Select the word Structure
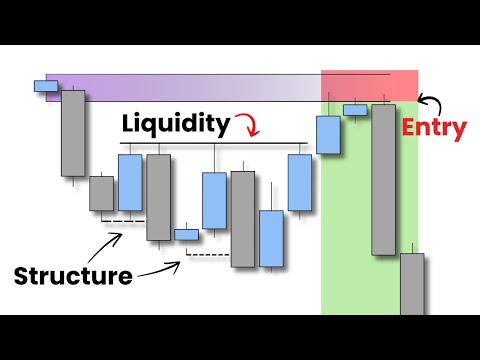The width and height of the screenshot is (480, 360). point(73,274)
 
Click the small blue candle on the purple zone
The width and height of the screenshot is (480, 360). point(47,85)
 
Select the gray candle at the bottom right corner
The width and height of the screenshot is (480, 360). point(412,284)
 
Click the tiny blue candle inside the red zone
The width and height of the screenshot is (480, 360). point(355,109)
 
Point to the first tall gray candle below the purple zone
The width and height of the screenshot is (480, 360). point(73,133)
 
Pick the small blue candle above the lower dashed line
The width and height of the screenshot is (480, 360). point(187,235)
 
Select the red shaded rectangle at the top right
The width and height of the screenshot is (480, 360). point(369,84)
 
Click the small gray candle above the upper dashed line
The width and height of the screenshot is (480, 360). point(101,192)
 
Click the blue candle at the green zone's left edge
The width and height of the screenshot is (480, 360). point(329,135)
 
